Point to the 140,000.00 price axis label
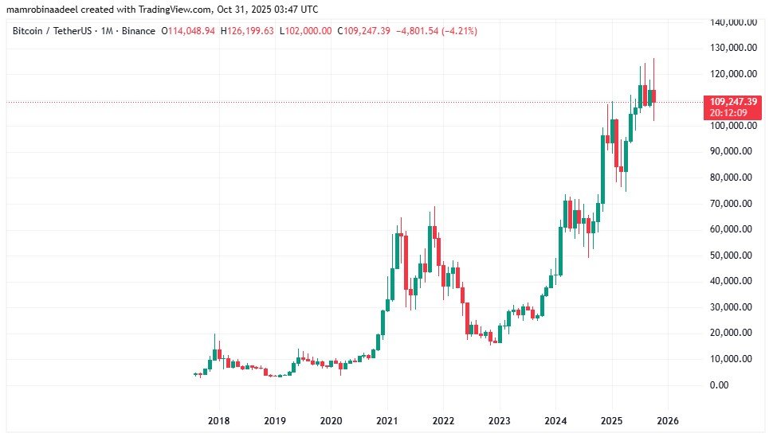(x=732, y=22)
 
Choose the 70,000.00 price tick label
(x=732, y=204)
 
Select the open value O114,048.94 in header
(x=188, y=31)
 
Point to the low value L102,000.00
(x=303, y=31)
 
